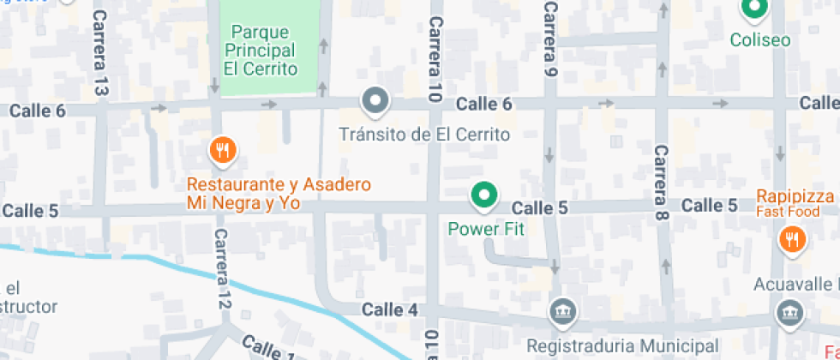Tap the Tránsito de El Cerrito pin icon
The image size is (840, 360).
coord(375,101)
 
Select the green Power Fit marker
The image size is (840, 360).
coord(484,196)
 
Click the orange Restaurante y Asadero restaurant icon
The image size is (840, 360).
coord(223,151)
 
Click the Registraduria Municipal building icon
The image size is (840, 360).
coord(562,311)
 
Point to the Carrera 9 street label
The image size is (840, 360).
coord(550,39)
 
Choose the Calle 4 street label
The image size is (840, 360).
coord(390,309)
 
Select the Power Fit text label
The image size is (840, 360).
coord(486,229)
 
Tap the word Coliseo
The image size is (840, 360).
coord(760,39)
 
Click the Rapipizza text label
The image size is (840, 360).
coord(795,196)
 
